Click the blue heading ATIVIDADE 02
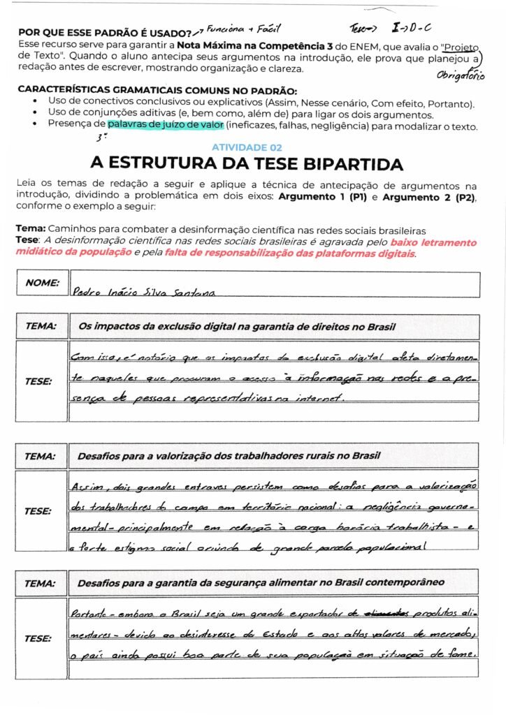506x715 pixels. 247,147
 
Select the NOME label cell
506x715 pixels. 42,283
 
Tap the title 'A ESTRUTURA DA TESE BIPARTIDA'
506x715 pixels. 247,164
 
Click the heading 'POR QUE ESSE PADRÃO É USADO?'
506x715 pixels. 104,33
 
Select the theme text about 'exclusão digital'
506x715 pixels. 237,327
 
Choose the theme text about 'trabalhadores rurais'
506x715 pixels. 229,456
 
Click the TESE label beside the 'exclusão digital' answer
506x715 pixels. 38,381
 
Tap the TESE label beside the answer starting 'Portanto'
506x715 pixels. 38,638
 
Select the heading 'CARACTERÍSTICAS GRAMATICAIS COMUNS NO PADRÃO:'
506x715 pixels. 157,90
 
